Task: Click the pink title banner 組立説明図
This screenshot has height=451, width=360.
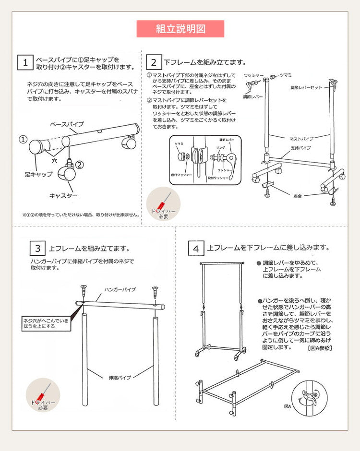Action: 180,29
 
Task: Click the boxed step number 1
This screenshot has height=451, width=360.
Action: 24,63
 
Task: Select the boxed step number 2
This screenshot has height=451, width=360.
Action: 153,62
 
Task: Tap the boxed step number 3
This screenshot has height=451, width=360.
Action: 37,249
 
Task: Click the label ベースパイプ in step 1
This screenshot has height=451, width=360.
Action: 67,124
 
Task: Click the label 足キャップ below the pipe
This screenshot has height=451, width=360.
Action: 38,175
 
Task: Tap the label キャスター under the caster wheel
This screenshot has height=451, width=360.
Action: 63,196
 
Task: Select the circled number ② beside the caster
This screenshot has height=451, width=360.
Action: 80,165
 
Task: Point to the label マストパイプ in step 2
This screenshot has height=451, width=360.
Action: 292,138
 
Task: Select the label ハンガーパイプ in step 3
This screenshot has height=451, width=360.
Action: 120,290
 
